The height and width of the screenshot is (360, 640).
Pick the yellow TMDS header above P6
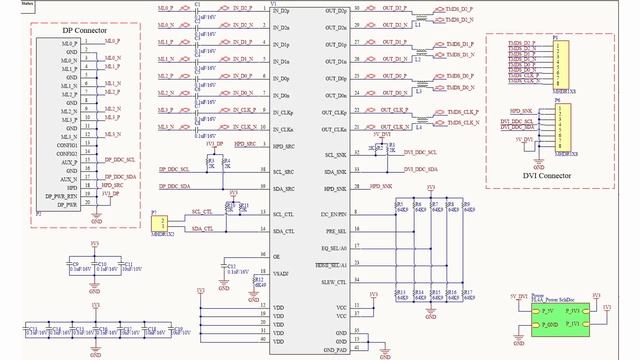tap(561, 62)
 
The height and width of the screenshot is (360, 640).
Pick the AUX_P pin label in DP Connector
tap(68, 161)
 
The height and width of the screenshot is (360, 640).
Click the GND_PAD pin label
tap(334, 349)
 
